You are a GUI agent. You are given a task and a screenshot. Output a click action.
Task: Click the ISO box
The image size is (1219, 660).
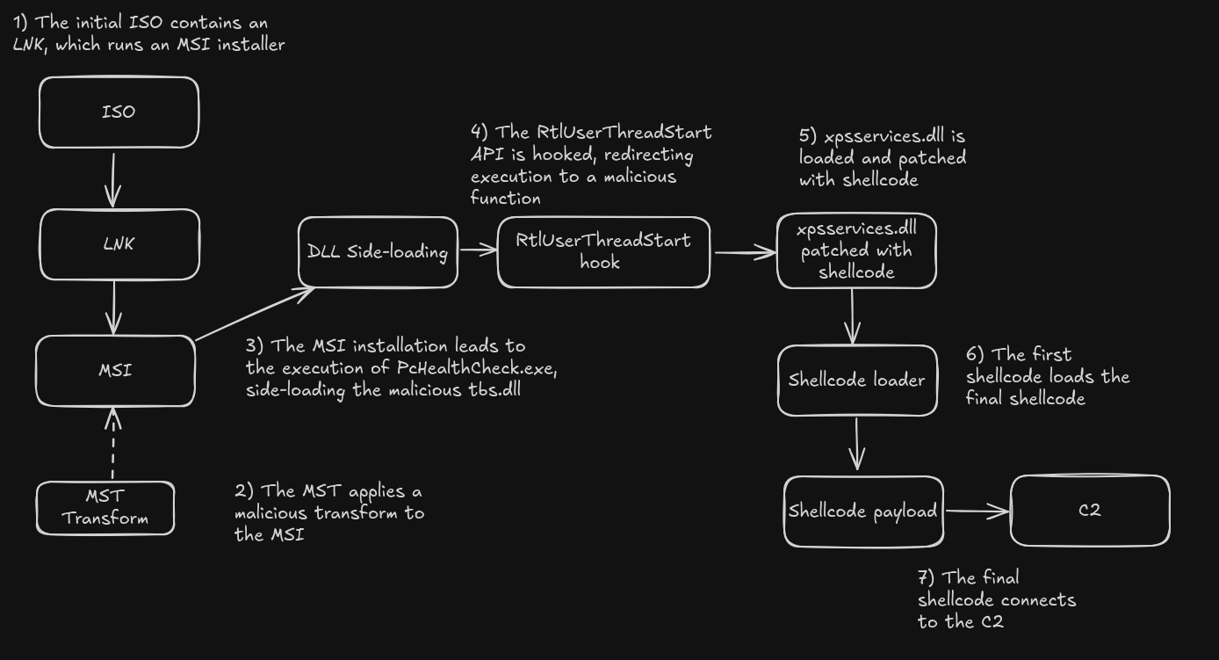(x=119, y=112)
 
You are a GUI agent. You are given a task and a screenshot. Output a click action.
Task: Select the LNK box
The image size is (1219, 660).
(x=119, y=244)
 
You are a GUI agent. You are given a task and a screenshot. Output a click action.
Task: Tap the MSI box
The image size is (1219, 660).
(x=115, y=371)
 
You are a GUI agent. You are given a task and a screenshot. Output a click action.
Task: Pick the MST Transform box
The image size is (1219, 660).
(x=105, y=508)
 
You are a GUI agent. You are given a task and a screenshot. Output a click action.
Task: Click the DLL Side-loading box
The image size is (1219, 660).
(x=379, y=252)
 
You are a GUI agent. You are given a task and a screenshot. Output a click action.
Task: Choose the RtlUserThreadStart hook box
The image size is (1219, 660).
(x=603, y=252)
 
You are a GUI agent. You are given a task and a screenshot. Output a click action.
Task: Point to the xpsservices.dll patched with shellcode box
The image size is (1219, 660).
(x=856, y=250)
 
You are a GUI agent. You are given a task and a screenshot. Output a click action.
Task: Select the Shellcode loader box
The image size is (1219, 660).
(x=857, y=381)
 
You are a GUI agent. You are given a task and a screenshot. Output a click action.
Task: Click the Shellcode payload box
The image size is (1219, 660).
(x=863, y=511)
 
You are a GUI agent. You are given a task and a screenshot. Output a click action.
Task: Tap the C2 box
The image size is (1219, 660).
(x=1090, y=511)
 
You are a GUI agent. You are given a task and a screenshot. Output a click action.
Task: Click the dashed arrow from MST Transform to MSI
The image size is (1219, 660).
(x=112, y=444)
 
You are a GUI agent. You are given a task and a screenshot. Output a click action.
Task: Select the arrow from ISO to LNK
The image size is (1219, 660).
(x=113, y=180)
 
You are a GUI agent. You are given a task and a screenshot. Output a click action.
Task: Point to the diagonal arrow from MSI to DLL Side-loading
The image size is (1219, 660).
(x=255, y=314)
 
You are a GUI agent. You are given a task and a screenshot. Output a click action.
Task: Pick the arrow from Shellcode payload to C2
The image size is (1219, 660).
(x=977, y=511)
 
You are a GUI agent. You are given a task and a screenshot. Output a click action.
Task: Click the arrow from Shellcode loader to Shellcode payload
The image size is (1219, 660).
(x=857, y=444)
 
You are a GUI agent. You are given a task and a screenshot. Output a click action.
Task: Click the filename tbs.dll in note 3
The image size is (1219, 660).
(x=494, y=390)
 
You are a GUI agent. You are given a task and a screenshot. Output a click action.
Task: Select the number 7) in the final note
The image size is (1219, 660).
(x=926, y=577)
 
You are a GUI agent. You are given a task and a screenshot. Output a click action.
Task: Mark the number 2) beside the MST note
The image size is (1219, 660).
(x=244, y=490)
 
